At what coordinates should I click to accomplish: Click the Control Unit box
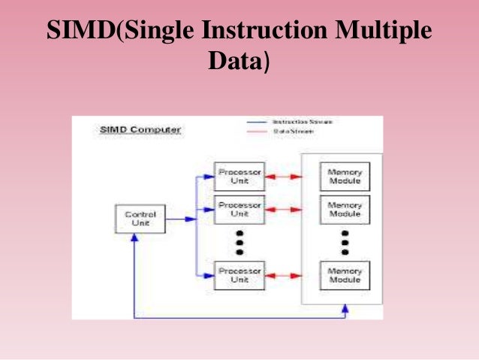coord(140,219)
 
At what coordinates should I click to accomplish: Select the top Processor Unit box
coord(239,177)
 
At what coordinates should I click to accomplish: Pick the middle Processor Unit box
coord(239,210)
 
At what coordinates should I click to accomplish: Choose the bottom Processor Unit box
coord(239,275)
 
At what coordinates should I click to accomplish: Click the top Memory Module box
coord(345,177)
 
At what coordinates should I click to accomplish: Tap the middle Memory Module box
coord(345,210)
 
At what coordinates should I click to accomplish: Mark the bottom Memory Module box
coord(345,275)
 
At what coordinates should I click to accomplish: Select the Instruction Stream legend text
coord(302,121)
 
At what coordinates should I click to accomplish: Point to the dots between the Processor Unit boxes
coord(239,242)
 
